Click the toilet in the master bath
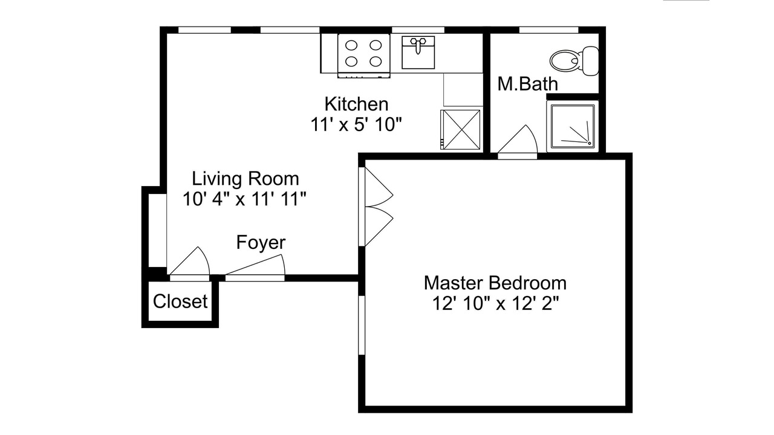[574, 61]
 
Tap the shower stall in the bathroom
[573, 126]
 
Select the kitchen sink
[418, 53]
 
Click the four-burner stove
[363, 55]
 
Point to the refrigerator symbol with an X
[460, 129]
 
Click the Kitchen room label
[356, 104]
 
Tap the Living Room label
[246, 178]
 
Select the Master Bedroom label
[495, 283]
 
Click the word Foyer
[261, 242]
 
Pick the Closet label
[180, 301]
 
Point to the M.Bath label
[528, 84]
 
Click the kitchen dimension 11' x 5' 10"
[356, 124]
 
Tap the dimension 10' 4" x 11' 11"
[245, 199]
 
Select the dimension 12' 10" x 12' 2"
[495, 304]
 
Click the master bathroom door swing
[518, 141]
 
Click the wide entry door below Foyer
[255, 268]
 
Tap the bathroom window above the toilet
[548, 30]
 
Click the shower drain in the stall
[590, 143]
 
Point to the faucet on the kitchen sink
[418, 45]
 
